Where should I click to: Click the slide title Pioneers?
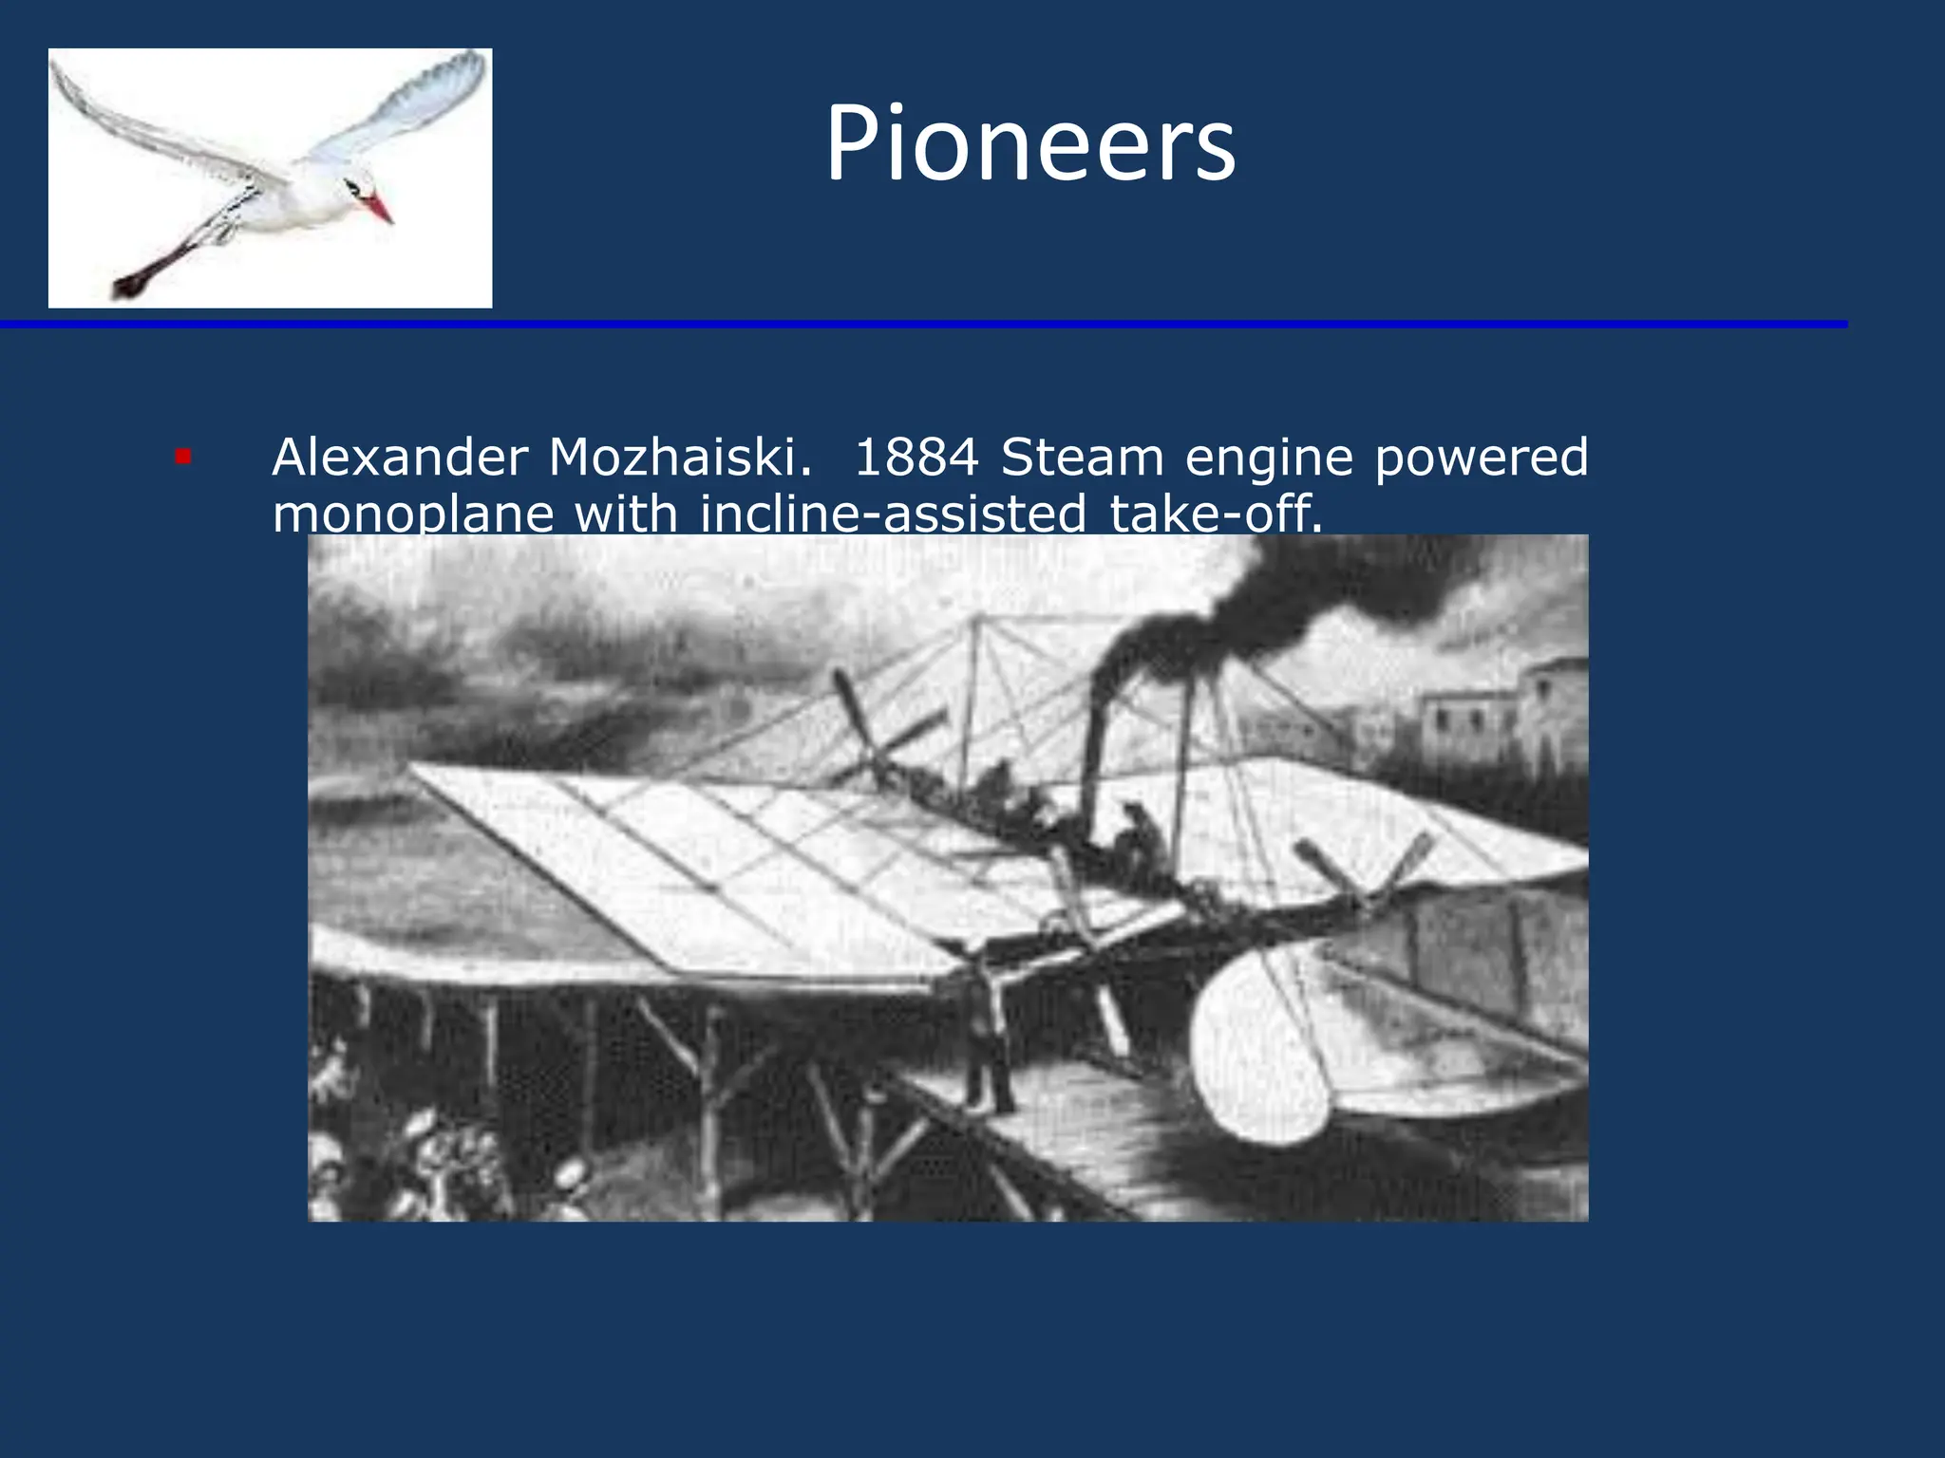pos(1030,143)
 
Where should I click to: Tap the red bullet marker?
pos(183,458)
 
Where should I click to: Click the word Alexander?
pos(400,458)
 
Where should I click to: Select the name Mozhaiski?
pos(680,458)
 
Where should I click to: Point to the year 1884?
pos(916,458)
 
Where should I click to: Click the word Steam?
pos(1082,458)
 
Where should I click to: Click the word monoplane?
pos(413,514)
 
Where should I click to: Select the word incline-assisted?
pos(893,514)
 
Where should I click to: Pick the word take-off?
pos(1216,514)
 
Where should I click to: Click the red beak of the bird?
pos(378,207)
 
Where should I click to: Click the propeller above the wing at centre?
pos(869,740)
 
